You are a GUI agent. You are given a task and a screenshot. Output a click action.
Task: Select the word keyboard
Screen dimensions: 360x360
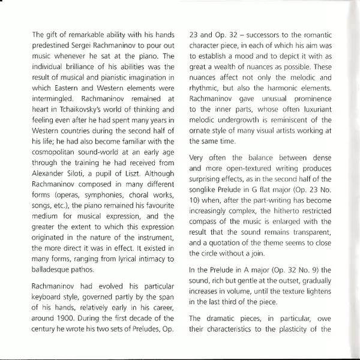click(x=49, y=306)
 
